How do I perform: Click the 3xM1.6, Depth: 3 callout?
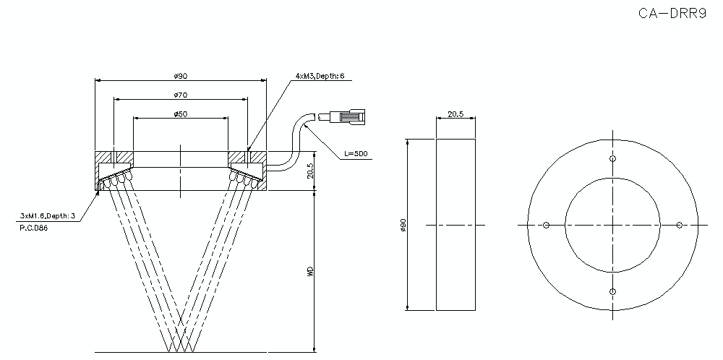pos(48,215)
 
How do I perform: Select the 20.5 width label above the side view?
pos(455,113)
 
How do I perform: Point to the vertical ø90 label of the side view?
pos(403,226)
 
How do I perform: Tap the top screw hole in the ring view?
pos(613,159)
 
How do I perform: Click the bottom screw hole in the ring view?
pos(613,291)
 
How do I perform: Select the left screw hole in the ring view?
pos(547,226)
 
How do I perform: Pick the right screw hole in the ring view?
pos(680,226)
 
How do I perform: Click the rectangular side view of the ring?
pos(455,226)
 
